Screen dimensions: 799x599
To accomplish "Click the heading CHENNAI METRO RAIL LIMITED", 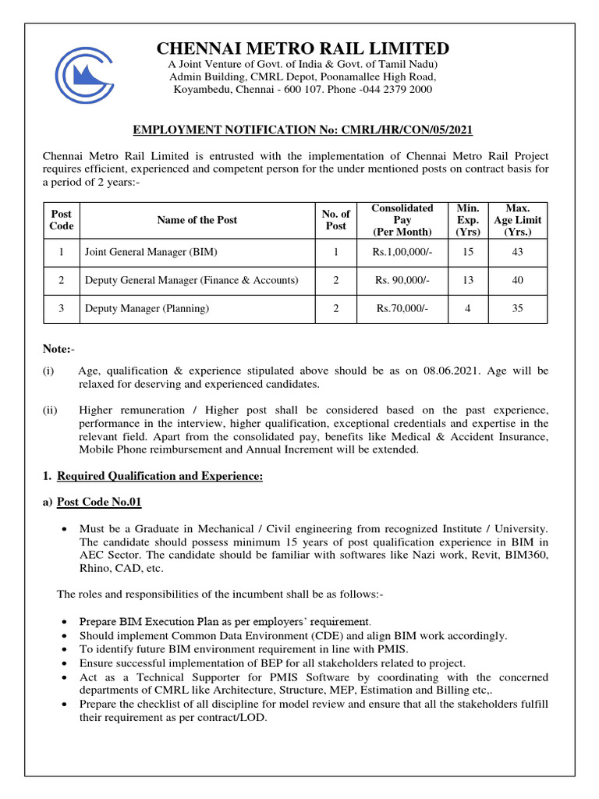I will coord(303,48).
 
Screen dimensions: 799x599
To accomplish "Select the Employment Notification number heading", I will coord(303,129).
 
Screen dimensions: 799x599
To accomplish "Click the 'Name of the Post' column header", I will coord(197,220).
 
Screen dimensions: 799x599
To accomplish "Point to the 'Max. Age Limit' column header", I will coord(517,220).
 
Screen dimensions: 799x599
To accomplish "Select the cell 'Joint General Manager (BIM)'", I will coord(151,252).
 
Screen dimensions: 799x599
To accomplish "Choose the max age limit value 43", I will coord(517,252).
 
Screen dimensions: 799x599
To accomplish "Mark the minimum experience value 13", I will coord(467,280).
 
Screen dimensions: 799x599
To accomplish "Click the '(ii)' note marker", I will coord(50,410).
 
